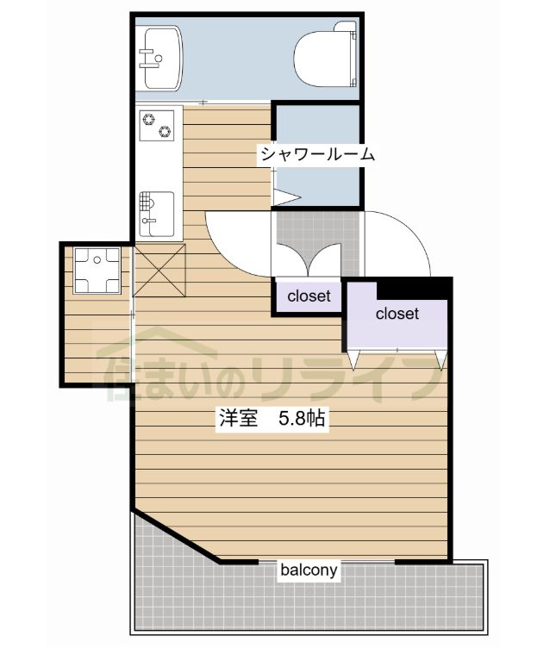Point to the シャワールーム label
point(318,155)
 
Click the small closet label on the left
point(309,296)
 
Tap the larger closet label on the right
point(397,314)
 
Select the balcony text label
point(309,570)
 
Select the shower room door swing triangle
point(285,196)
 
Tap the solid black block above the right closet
point(413,287)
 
